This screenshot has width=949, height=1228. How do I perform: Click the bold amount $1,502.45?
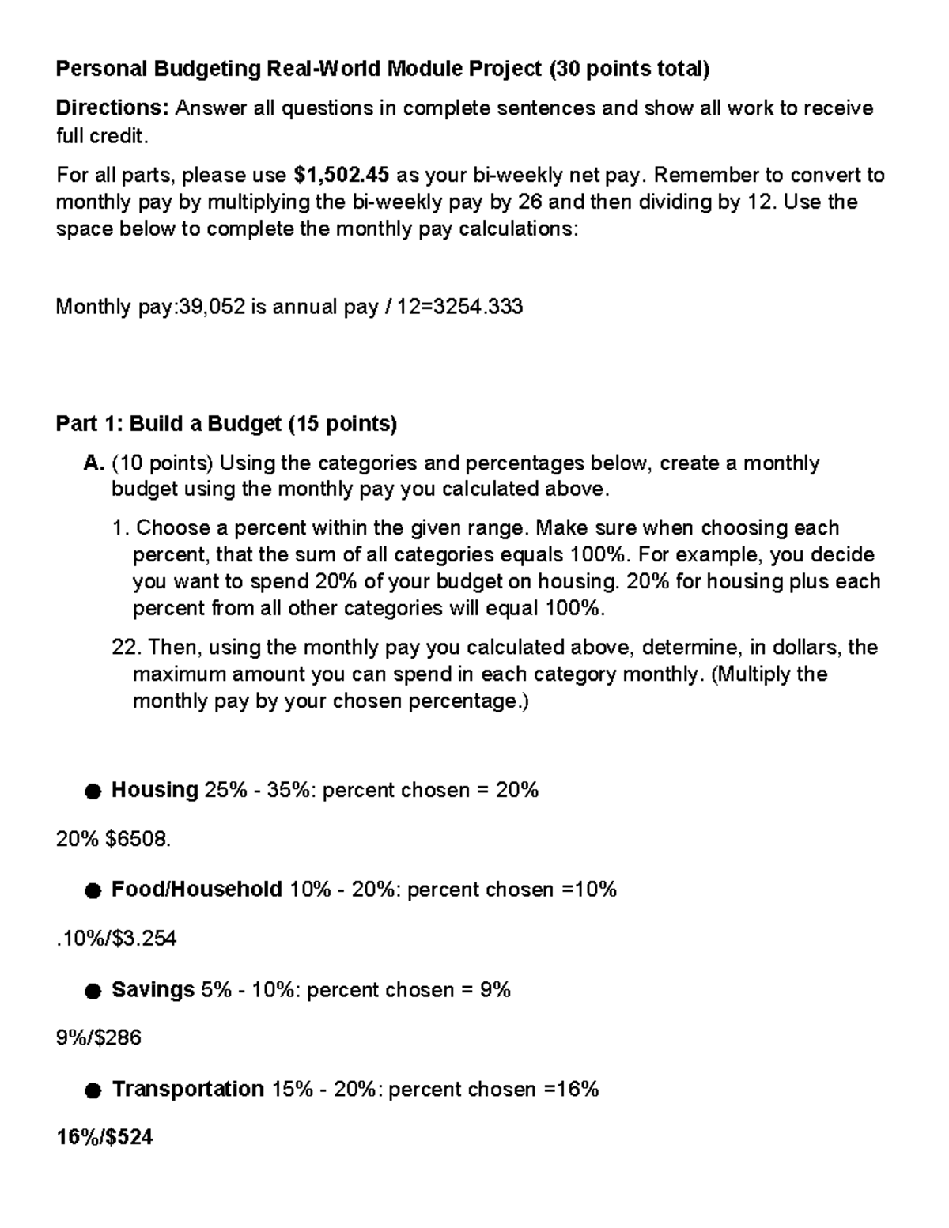tap(340, 175)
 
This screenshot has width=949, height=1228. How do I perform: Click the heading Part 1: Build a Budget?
tap(226, 424)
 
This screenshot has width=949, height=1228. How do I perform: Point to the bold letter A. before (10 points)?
tap(94, 463)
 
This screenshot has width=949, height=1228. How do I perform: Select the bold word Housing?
tap(154, 789)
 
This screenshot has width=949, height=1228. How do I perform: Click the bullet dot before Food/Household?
tap(93, 891)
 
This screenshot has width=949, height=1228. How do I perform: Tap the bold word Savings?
tap(153, 989)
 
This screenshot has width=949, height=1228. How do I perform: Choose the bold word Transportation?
tap(187, 1089)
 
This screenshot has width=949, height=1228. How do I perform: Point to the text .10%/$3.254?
tap(116, 939)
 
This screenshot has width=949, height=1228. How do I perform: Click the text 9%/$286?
tap(98, 1037)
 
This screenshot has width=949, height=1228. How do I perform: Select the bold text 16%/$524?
tap(104, 1138)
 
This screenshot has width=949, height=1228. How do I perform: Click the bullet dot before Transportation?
tap(93, 1090)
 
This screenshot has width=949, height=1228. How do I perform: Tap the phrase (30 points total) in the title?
tap(630, 70)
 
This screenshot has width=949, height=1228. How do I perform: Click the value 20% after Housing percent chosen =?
tap(517, 789)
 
